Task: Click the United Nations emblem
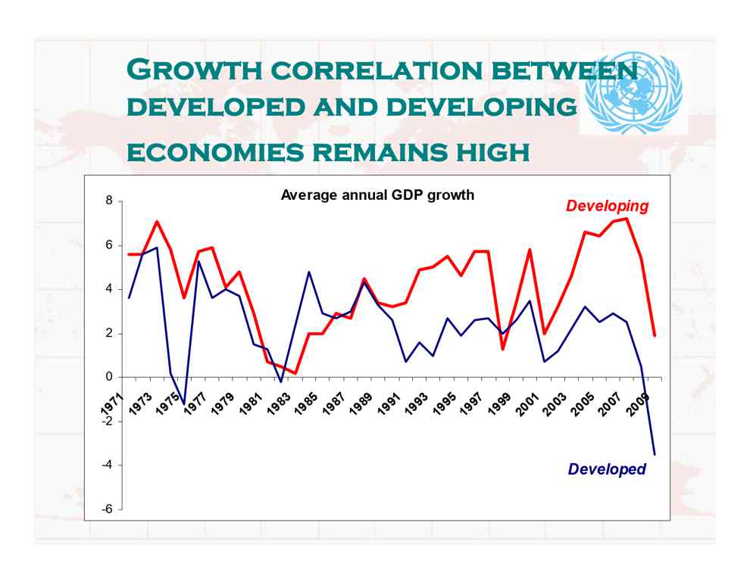point(635,94)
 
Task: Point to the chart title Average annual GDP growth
point(377,195)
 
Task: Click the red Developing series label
point(607,206)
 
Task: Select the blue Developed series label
point(607,469)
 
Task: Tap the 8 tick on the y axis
point(109,201)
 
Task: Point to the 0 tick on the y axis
point(109,377)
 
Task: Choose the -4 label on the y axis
point(108,465)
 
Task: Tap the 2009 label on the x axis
point(644,400)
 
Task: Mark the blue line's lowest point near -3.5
point(654,455)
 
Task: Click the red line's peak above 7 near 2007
point(627,219)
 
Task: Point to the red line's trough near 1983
point(295,373)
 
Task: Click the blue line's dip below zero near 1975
point(184,404)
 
